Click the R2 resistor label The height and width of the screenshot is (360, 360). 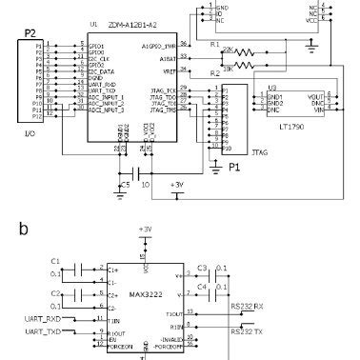pyautogui.click(x=214, y=73)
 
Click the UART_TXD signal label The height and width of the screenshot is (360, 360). pyautogui.click(x=45, y=330)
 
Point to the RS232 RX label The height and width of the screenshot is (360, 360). pyautogui.click(x=249, y=308)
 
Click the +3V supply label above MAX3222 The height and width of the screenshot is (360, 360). pyautogui.click(x=145, y=230)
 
